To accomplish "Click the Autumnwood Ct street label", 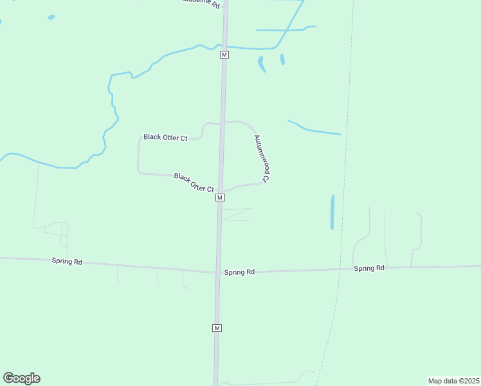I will tap(261, 158).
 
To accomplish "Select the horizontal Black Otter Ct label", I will tap(165, 137).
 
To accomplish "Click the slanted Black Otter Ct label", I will tap(194, 182).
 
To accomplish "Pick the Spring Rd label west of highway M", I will tap(68, 262).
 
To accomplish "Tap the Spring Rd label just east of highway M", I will tap(239, 272).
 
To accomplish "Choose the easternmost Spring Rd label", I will tap(369, 268).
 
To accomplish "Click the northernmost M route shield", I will tap(224, 55).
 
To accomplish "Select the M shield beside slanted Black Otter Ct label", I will tap(220, 198).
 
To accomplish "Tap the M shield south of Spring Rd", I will tap(217, 328).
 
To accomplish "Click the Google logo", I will tap(21, 378).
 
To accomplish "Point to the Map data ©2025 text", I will tap(453, 380).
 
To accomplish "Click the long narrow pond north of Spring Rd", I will tap(332, 212).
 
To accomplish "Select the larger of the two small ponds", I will tap(261, 63).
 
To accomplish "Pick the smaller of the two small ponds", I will tap(282, 59).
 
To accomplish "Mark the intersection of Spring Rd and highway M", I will tap(218, 271).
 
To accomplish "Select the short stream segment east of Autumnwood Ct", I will tap(314, 129).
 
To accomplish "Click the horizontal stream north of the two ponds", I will tap(283, 30).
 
